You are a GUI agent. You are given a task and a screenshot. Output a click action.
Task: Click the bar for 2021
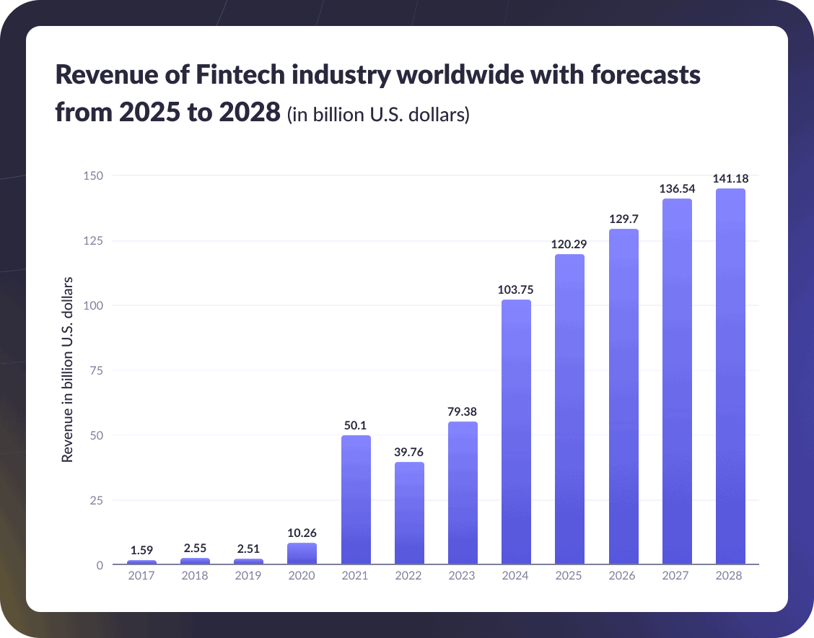pyautogui.click(x=355, y=499)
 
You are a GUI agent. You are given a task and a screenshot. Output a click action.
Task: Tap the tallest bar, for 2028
pyautogui.click(x=730, y=376)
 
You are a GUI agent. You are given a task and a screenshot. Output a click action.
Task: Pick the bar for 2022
pyautogui.click(x=409, y=513)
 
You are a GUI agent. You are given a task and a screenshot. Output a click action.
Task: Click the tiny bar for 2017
pyautogui.click(x=141, y=561)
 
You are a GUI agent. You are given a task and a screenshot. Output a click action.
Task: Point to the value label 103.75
pyautogui.click(x=516, y=289)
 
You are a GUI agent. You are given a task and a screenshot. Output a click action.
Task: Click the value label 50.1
pyautogui.click(x=355, y=425)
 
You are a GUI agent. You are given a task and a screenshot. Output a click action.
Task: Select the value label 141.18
pyautogui.click(x=730, y=178)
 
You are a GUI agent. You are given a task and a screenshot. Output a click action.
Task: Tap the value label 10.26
pyautogui.click(x=302, y=533)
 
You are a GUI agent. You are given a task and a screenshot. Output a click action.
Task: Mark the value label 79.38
pyautogui.click(x=463, y=411)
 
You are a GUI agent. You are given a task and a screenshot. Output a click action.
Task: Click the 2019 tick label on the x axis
pyautogui.click(x=248, y=576)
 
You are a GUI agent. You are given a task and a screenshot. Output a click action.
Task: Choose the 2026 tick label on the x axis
pyautogui.click(x=623, y=576)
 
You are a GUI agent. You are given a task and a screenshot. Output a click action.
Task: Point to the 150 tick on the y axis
pyautogui.click(x=94, y=175)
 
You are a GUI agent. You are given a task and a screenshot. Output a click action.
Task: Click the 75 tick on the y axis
pyautogui.click(x=97, y=370)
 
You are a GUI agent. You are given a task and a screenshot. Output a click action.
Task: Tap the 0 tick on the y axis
pyautogui.click(x=100, y=565)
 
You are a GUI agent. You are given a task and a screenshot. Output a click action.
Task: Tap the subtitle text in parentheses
pyautogui.click(x=378, y=115)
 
